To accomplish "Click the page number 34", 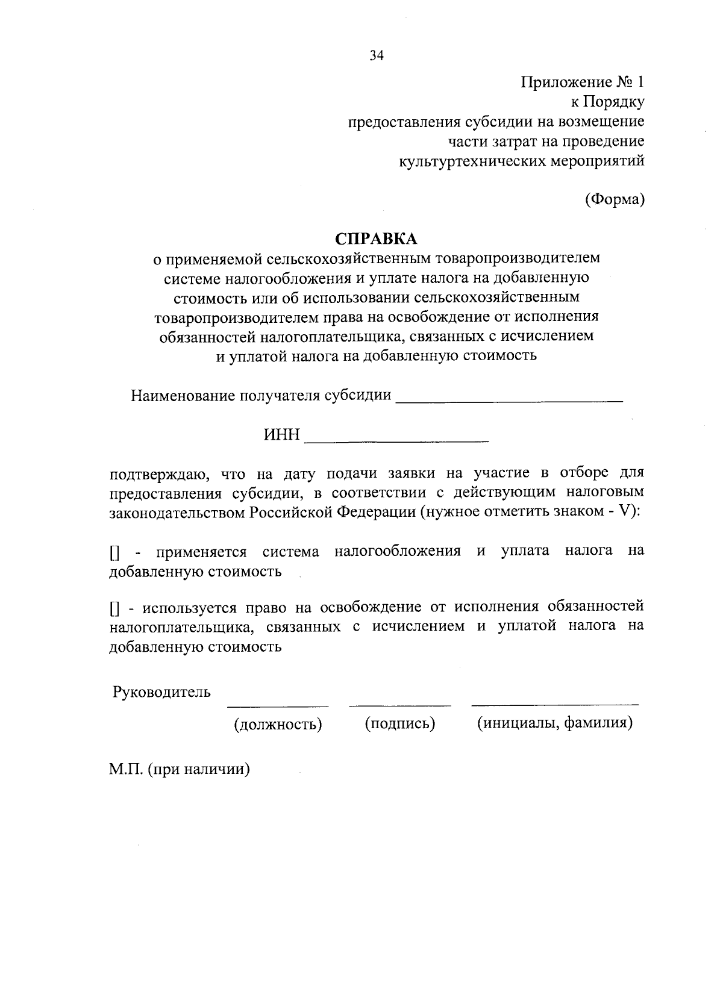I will point(377,56).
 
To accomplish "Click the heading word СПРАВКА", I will point(377,239).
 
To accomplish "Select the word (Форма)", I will point(615,199).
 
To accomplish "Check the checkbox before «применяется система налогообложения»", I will point(114,552).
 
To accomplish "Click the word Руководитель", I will point(161,691).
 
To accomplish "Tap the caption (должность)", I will point(278,724).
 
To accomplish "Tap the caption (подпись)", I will point(400,723).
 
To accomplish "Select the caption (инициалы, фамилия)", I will point(555,723).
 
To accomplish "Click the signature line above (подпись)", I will point(400,705).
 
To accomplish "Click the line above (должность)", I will point(278,705).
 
